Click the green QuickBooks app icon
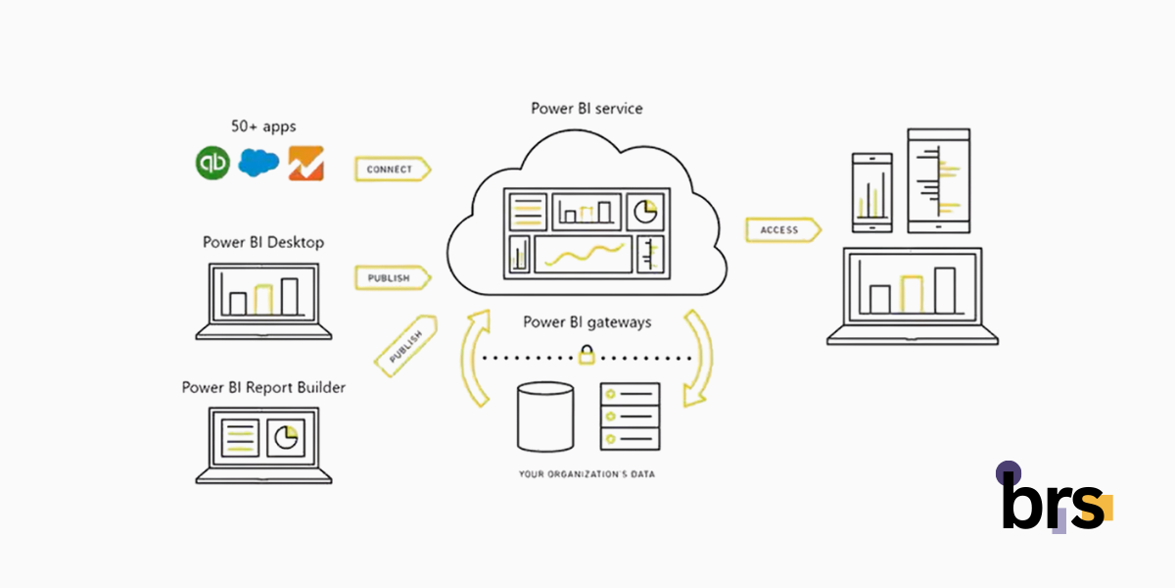tap(212, 164)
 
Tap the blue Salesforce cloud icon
tap(258, 163)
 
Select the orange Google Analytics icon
tap(305, 164)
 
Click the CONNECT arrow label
tap(391, 170)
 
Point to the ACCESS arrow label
tap(780, 229)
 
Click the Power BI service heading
tap(587, 108)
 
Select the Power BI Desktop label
tap(263, 242)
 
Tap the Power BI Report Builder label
tap(263, 387)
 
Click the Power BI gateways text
tap(587, 321)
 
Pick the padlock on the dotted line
tap(587, 356)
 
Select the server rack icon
tap(630, 416)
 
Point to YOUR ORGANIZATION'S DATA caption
tap(587, 474)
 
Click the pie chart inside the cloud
tap(645, 211)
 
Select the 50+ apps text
tap(263, 127)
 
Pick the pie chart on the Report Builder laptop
tap(286, 437)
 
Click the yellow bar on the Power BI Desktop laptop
tap(262, 299)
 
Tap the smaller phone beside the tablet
tap(871, 192)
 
